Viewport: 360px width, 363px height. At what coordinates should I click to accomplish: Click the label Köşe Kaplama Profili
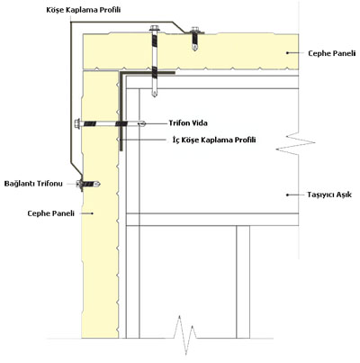pyautogui.click(x=84, y=10)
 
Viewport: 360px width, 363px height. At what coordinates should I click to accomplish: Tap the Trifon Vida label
pyautogui.click(x=188, y=123)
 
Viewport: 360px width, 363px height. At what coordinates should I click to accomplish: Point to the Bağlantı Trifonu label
pyautogui.click(x=33, y=184)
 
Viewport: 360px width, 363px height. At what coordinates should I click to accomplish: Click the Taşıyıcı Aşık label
pyautogui.click(x=329, y=195)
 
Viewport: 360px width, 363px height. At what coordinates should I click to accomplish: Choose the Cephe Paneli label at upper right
pyautogui.click(x=332, y=53)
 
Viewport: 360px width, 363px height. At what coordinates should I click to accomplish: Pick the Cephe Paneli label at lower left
pyautogui.click(x=51, y=213)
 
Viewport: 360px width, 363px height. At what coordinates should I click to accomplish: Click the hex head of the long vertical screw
pyautogui.click(x=155, y=29)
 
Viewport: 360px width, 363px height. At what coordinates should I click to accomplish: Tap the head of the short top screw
pyautogui.click(x=194, y=30)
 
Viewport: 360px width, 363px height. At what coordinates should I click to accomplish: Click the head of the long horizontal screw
pyautogui.click(x=77, y=123)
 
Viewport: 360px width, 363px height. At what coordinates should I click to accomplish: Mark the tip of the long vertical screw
pyautogui.click(x=154, y=95)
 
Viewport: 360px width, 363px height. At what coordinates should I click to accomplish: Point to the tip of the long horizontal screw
pyautogui.click(x=144, y=123)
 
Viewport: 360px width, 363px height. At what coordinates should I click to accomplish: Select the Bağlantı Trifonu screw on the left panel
pyautogui.click(x=88, y=184)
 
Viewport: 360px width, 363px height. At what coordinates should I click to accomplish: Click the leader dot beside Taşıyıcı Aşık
pyautogui.click(x=287, y=195)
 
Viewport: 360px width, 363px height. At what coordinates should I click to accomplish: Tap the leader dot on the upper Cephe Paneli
pyautogui.click(x=287, y=53)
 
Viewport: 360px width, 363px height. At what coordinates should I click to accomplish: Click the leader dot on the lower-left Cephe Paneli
pyautogui.click(x=93, y=213)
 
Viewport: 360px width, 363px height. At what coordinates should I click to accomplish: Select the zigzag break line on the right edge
pyautogui.click(x=295, y=143)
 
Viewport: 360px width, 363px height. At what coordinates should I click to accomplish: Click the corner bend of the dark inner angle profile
pyautogui.click(x=121, y=73)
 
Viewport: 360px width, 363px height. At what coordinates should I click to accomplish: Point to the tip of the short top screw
pyautogui.click(x=194, y=49)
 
